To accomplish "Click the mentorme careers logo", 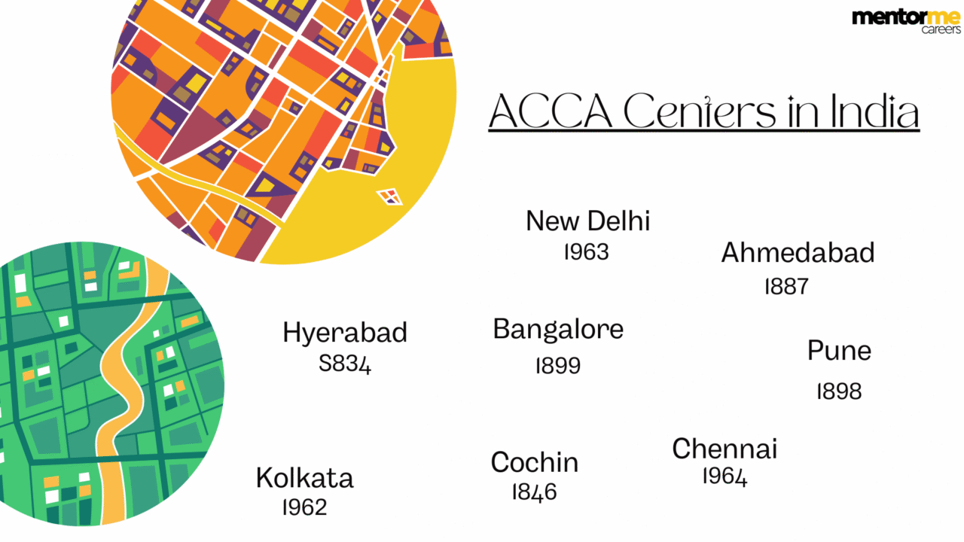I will (x=906, y=21).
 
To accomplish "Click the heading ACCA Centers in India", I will (x=703, y=112).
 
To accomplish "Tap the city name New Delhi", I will (x=587, y=221).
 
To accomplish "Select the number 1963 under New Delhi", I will (x=586, y=252).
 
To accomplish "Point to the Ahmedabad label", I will (x=798, y=253).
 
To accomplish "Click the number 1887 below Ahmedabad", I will (x=786, y=287).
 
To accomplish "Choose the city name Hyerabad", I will (x=345, y=333).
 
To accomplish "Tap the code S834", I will (x=345, y=365).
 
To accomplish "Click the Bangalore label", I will (x=558, y=330).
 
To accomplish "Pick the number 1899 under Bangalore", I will (x=558, y=366).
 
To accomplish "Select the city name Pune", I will (x=839, y=351).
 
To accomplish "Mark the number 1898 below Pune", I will (x=839, y=391).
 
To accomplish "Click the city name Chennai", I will (x=725, y=449).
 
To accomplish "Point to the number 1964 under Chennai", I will (x=725, y=477).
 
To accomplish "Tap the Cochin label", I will (x=535, y=462).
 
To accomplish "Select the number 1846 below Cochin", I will (x=534, y=492).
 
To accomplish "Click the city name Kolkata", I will (x=304, y=478).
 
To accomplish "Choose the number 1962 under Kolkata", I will (x=304, y=507).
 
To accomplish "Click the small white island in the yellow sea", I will (x=390, y=197).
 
